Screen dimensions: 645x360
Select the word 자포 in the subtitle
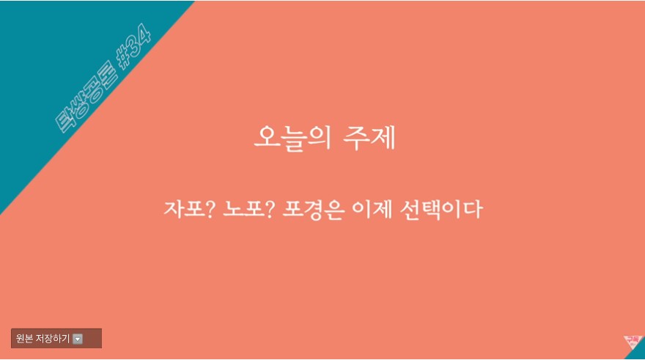point(183,208)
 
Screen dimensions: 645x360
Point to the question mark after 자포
point(210,209)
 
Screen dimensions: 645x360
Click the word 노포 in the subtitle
point(242,209)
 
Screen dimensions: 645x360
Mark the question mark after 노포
point(269,209)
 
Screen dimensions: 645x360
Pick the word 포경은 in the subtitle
point(313,210)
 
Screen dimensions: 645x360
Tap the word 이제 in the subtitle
point(372,209)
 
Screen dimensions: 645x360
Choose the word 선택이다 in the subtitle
point(441,210)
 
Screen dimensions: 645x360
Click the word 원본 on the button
point(24,339)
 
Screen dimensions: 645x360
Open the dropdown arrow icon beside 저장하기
point(78,339)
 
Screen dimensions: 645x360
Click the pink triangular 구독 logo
point(632,342)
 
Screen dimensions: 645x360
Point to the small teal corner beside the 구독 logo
point(638,352)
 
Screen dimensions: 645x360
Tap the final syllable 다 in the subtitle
point(474,209)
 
